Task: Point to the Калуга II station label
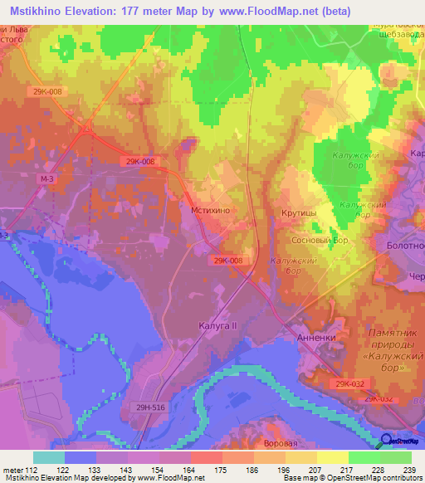coord(218,326)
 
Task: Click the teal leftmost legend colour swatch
coord(48,457)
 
